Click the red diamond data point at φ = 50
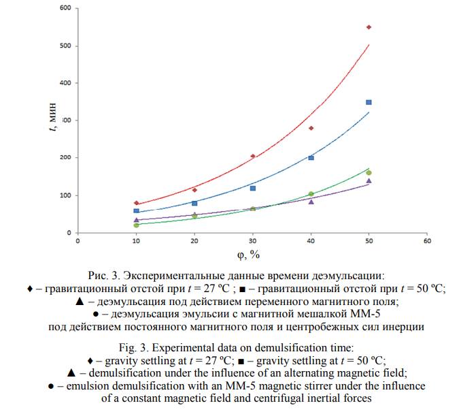pos(369,27)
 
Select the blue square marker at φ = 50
pos(369,102)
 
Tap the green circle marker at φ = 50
pos(369,173)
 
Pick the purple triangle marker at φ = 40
pos(311,202)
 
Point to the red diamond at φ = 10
pos(137,203)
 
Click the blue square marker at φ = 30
pos(253,188)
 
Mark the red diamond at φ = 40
pos(311,128)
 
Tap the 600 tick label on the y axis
pos(68,8)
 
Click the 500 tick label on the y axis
pos(68,46)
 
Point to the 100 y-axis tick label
pos(68,195)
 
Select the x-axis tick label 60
pos(427,240)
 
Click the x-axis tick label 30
pos(253,240)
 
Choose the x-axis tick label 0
pos(78,240)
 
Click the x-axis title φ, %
pos(247,254)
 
